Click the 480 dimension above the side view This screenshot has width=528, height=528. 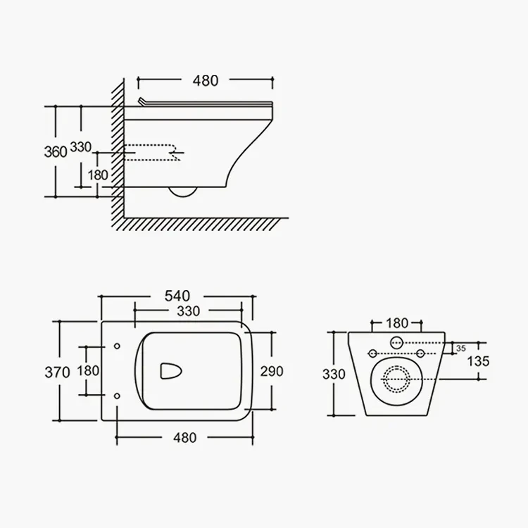(x=206, y=81)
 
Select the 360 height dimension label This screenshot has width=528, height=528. (x=56, y=152)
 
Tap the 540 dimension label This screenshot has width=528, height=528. (x=177, y=296)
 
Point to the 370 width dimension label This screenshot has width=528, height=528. (x=57, y=372)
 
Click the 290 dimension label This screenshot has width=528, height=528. (x=272, y=371)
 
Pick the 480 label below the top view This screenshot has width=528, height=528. (x=184, y=438)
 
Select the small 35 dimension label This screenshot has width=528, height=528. (x=461, y=348)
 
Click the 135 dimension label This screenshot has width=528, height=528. (x=478, y=361)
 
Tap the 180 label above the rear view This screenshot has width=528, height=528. (x=397, y=323)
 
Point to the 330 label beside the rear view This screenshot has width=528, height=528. (x=334, y=374)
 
